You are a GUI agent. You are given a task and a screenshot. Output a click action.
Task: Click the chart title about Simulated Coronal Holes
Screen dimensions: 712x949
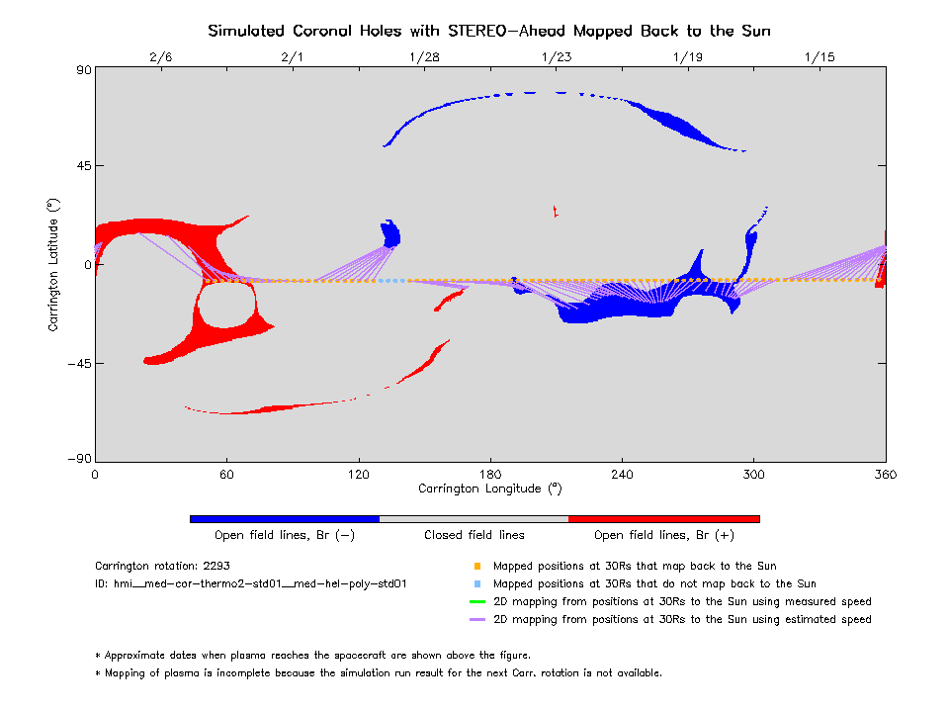pos(489,31)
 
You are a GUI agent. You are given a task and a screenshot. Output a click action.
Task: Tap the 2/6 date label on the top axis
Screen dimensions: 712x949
pos(160,57)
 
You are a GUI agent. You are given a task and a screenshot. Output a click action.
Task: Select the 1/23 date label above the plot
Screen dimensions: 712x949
pos(556,57)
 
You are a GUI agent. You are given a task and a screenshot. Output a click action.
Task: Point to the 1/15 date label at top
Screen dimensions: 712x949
pos(820,57)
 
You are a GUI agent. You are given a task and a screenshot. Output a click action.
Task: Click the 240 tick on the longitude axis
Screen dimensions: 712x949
pos(622,474)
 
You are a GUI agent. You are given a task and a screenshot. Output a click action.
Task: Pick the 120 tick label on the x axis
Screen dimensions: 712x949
pos(358,474)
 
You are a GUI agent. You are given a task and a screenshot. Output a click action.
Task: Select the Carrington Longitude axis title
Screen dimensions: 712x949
pos(489,489)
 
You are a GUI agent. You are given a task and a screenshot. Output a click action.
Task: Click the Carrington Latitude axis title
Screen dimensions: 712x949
pos(54,264)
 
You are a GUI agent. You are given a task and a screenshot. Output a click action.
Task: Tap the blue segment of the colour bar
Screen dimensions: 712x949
pos(285,518)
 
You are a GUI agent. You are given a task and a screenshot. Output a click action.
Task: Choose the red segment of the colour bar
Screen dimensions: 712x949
pos(664,518)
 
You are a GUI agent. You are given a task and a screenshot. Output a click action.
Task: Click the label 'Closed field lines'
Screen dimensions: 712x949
pos(474,535)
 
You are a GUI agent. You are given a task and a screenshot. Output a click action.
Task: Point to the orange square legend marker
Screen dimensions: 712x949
pos(477,567)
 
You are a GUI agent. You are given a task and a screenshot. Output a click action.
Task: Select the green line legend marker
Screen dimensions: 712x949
pos(477,601)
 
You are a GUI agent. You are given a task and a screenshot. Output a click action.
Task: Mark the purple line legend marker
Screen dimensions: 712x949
pos(477,619)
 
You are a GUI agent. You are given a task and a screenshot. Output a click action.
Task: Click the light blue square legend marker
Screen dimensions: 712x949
pos(477,584)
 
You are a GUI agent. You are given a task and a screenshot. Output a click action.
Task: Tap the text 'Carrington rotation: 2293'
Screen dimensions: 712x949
pos(157,567)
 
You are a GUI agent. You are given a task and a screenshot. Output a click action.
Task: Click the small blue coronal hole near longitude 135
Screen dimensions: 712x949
pos(390,234)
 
